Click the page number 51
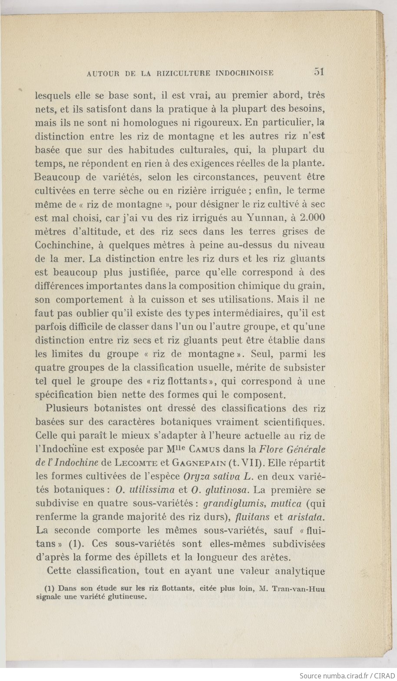click(x=319, y=72)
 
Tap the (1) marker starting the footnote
click(x=50, y=589)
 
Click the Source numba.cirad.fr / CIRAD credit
click(x=346, y=675)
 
